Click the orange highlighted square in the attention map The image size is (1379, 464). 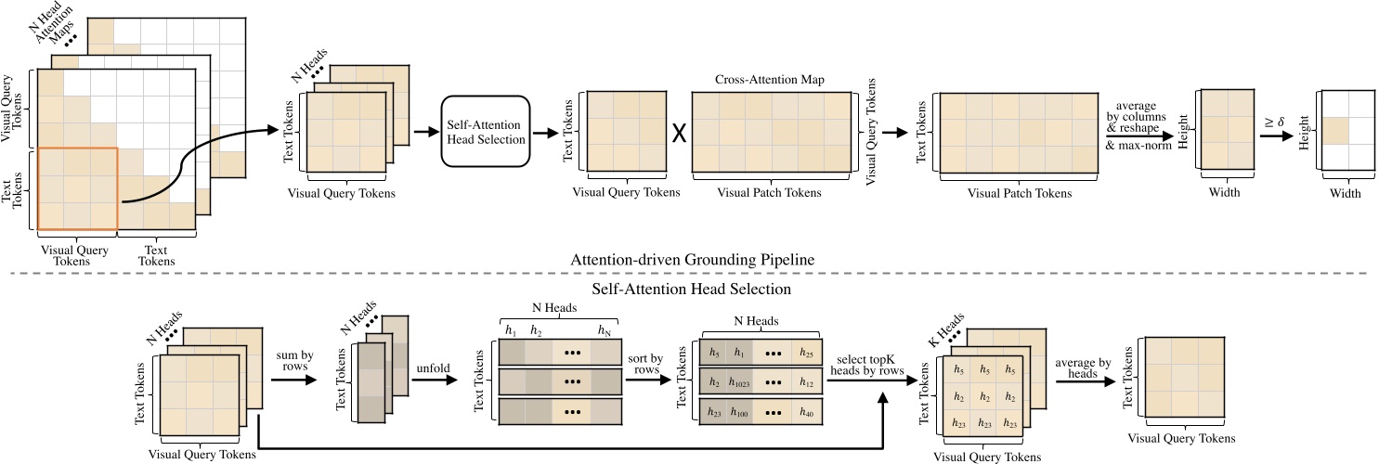(x=77, y=187)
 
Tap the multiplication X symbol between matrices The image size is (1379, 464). (x=679, y=133)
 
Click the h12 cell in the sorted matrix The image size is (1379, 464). (x=806, y=383)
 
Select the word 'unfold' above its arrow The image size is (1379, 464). (x=432, y=367)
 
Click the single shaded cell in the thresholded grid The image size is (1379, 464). (x=1336, y=131)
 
